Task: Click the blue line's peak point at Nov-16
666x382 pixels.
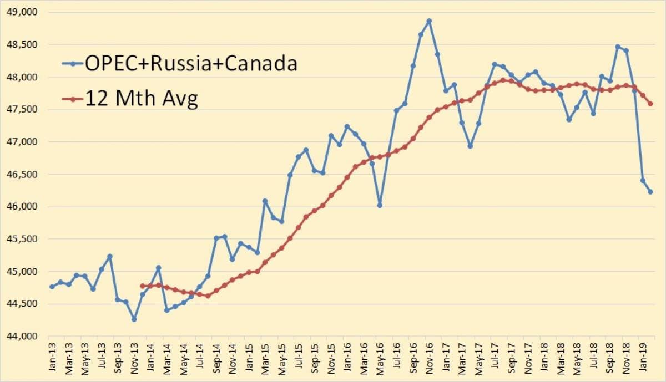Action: pos(429,21)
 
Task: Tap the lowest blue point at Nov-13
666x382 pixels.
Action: pos(134,319)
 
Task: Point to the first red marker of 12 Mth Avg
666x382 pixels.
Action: pos(143,286)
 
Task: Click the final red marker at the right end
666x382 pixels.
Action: pos(650,104)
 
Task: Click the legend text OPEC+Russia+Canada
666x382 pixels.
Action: pos(191,64)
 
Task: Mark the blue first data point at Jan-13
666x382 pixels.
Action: pos(52,287)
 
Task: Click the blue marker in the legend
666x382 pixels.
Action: pos(73,64)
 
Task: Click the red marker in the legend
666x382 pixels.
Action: pos(73,99)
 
